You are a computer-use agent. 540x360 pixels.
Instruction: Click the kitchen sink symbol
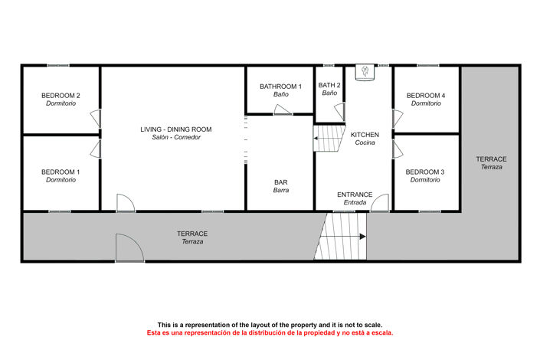click(x=365, y=72)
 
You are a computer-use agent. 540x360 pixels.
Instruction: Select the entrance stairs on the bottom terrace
click(x=342, y=237)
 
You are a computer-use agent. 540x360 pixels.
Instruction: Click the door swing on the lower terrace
click(x=128, y=247)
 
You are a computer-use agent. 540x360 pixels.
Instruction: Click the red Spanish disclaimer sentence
click(x=270, y=333)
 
